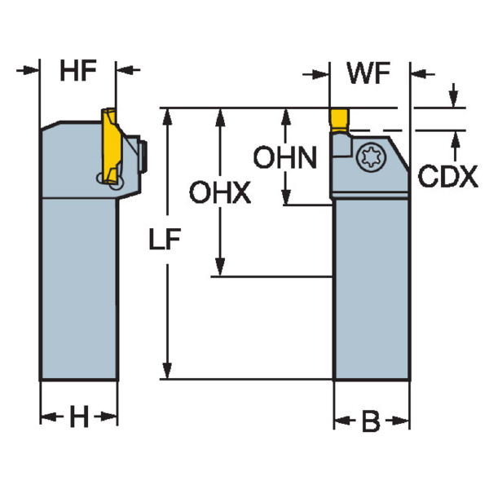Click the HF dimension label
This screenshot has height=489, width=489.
[78, 72]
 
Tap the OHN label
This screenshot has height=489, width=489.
[284, 156]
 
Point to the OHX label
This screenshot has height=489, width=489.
[219, 193]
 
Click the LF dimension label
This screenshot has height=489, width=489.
[165, 242]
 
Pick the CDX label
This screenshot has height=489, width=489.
[447, 177]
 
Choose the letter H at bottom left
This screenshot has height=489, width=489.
[78, 418]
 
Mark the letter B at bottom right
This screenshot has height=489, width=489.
[371, 421]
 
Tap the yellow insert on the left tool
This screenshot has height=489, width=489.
[110, 147]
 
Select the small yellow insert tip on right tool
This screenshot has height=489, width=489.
[340, 119]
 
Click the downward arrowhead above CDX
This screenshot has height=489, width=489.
[452, 99]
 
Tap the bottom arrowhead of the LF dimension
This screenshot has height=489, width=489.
[166, 372]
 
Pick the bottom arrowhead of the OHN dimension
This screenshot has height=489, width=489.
[285, 196]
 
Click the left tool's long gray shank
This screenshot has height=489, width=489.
[78, 285]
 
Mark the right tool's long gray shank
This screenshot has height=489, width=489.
[371, 285]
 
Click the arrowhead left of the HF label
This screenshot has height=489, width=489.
[33, 70]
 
